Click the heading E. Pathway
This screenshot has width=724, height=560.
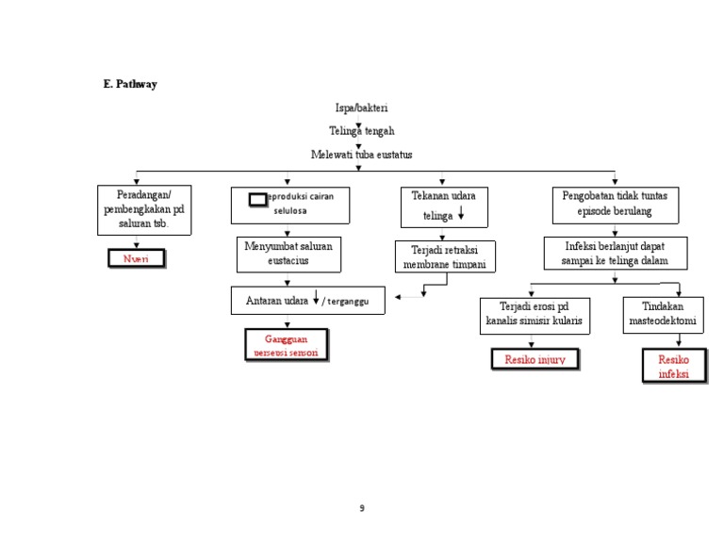[x=130, y=84]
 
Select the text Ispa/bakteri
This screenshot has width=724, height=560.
[x=361, y=108]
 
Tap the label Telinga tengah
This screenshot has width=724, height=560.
[x=361, y=131]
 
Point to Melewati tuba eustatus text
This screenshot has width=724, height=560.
[x=361, y=154]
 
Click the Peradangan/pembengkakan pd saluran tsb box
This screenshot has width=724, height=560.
[x=144, y=209]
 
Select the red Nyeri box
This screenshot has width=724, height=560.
[x=137, y=258]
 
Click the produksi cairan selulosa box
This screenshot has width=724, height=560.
[x=290, y=205]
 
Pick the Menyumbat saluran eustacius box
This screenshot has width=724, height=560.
[x=288, y=254]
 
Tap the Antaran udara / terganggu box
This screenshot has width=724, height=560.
[x=307, y=300]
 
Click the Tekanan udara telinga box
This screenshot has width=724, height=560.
[x=443, y=206]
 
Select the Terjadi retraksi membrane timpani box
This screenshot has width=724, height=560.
[x=444, y=256]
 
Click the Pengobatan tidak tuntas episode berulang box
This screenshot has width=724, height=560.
[x=615, y=204]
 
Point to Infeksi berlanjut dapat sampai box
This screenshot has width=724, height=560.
[x=615, y=253]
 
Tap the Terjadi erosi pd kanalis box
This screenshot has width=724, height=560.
[x=535, y=314]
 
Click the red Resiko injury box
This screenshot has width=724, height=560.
[x=535, y=359]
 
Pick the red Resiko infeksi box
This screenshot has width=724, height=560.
[x=673, y=367]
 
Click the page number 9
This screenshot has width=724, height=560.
[x=361, y=508]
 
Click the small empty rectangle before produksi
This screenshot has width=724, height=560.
[x=257, y=199]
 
